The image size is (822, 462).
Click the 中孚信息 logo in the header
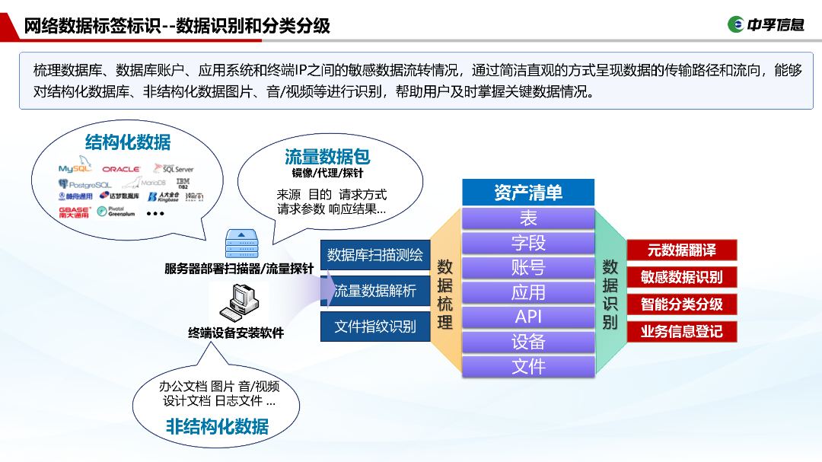click(766, 24)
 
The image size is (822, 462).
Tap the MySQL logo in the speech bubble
click(75, 168)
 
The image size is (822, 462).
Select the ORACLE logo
click(121, 169)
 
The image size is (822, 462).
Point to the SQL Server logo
click(174, 168)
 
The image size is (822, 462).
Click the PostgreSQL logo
click(84, 184)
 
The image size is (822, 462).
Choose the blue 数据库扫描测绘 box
click(375, 254)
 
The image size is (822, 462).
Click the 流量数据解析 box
click(375, 291)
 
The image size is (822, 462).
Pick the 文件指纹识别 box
click(375, 327)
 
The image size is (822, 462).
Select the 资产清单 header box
click(528, 193)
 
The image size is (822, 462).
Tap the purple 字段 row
click(528, 243)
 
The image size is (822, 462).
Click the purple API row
click(528, 317)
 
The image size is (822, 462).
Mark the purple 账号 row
click(528, 267)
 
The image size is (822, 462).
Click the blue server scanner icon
click(241, 244)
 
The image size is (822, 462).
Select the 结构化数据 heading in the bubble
click(128, 142)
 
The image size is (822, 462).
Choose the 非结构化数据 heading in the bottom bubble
click(217, 426)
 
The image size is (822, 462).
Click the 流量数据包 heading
click(327, 156)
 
